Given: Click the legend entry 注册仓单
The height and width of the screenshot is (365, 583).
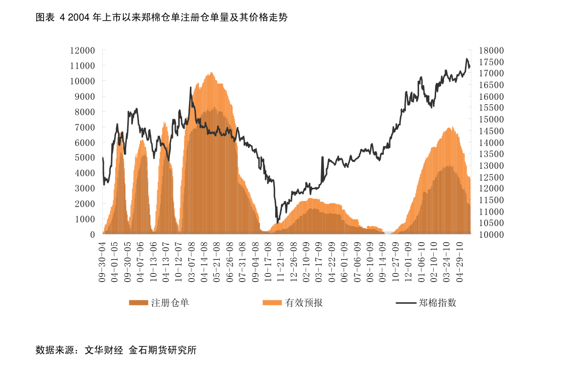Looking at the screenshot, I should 170,303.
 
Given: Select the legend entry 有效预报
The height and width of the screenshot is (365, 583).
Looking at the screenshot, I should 304,303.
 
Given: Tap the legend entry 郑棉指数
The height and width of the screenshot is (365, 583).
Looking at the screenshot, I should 438,303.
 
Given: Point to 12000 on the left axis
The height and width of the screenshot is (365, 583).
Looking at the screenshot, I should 82,50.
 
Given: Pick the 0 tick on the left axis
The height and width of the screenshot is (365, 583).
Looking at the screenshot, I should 92,234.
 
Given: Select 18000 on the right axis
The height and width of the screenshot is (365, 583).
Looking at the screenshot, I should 491,50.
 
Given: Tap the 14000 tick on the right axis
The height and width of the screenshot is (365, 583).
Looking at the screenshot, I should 491,142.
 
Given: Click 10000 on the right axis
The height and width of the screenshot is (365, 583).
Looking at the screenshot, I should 491,234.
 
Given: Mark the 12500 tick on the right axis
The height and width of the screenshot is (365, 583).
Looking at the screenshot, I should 491,177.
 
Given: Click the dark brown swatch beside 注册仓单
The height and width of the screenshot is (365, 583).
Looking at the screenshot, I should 139,303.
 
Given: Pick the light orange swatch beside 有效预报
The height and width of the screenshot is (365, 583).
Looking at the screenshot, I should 272,303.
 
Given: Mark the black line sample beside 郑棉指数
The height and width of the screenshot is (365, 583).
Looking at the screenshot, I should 405,303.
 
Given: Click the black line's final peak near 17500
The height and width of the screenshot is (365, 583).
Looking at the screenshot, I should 466,59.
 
